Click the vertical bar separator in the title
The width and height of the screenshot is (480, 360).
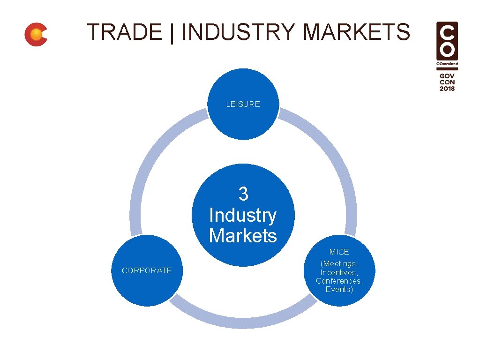[172, 33]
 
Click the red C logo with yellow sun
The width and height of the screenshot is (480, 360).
[36, 35]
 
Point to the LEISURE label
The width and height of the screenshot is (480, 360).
[243, 105]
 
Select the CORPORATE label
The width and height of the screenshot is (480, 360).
[147, 270]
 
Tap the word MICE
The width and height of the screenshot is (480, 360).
[339, 252]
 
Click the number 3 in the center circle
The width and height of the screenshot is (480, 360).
[243, 194]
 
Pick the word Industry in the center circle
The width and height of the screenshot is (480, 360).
[243, 215]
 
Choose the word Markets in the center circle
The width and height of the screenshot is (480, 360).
[243, 235]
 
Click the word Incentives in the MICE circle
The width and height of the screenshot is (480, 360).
[339, 272]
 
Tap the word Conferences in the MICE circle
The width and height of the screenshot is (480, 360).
[339, 281]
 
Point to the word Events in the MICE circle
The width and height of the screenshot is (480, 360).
[339, 289]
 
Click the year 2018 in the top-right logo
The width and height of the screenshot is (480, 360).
[447, 88]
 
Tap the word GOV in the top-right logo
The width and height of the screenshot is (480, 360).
[447, 75]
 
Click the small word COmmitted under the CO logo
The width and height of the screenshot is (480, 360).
[447, 64]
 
